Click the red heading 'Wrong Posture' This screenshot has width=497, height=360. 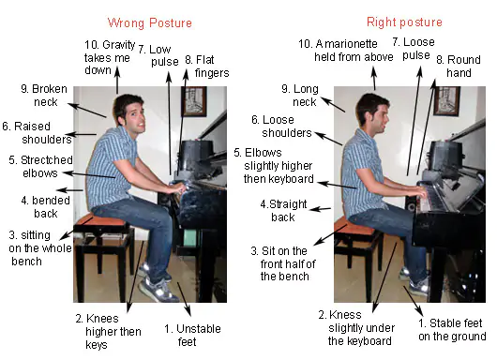point(150,22)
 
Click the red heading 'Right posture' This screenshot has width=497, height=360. point(404,22)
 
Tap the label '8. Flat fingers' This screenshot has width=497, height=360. point(206,67)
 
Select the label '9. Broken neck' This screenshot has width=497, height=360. point(44,95)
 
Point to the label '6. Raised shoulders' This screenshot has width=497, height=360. point(37,133)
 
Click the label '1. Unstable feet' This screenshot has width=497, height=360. point(192,336)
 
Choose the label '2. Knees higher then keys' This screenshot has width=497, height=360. point(109,332)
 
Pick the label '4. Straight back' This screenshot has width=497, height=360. point(283,210)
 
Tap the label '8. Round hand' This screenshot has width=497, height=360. point(459,67)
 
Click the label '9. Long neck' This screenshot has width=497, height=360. point(300,95)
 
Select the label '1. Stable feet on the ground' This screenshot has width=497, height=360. point(452,330)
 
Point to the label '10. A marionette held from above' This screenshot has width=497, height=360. point(346,50)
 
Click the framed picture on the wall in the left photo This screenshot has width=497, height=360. point(194,101)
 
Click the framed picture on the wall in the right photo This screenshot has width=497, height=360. point(446,100)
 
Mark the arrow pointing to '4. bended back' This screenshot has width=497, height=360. point(69,190)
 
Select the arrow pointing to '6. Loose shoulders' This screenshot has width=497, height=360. point(328,139)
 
